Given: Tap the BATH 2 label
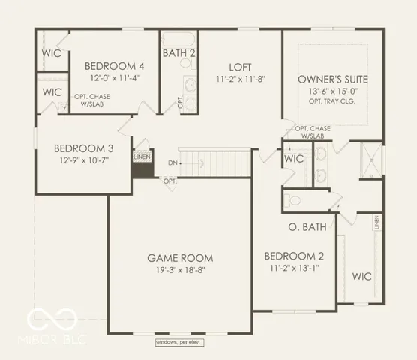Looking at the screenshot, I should coord(180,52).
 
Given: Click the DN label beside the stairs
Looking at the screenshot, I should coord(172,163).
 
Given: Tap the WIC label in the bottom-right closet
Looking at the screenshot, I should coord(362,276).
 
